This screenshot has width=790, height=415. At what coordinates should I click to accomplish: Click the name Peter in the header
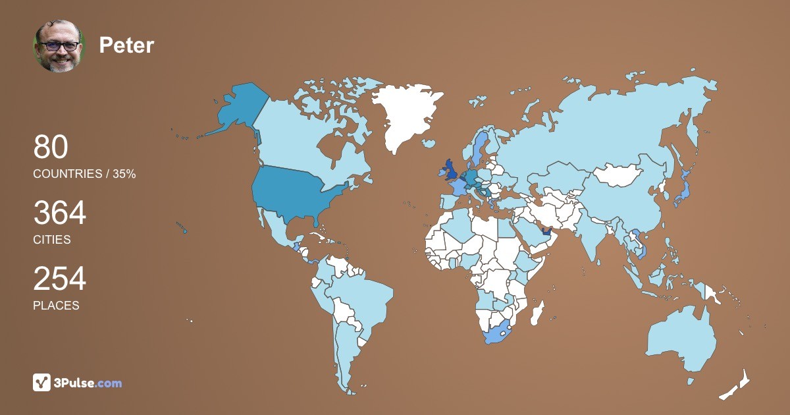coord(126,45)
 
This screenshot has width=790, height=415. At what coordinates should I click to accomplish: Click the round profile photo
coord(59,46)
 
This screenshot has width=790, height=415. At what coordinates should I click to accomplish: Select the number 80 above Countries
coord(51,148)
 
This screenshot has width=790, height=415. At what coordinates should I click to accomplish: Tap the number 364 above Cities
coord(59,213)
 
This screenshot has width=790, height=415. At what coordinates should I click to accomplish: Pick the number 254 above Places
coord(59,279)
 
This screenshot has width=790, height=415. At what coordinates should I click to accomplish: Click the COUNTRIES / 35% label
coord(84,174)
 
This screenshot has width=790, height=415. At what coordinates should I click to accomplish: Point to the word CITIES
coord(52,240)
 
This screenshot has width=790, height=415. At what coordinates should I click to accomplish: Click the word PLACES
coord(56,306)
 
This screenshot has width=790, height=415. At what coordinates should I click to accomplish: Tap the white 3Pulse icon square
coord(42,382)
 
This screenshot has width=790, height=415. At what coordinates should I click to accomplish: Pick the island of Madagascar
coord(538,312)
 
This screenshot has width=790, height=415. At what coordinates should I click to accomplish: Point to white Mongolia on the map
coord(619,175)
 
